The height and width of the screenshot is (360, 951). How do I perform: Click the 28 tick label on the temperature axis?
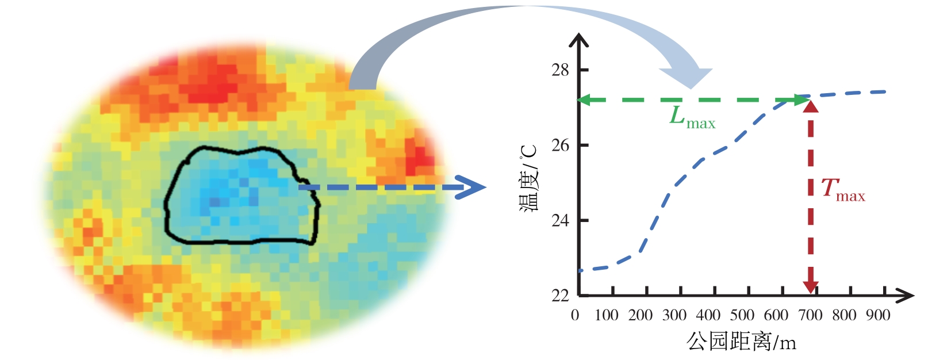(559, 70)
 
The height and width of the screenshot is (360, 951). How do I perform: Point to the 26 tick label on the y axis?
(559, 145)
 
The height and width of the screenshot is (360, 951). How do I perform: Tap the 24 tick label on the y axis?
(559, 220)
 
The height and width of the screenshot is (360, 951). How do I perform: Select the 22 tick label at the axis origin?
(559, 296)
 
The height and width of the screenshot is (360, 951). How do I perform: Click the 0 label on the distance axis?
(575, 315)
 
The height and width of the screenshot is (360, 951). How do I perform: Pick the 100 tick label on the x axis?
(606, 315)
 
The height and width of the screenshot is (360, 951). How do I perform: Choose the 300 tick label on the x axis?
(674, 315)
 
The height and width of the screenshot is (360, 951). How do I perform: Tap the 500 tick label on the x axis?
(742, 315)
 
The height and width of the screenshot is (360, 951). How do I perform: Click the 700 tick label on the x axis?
(810, 315)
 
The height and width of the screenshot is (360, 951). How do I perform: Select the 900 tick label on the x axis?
(878, 315)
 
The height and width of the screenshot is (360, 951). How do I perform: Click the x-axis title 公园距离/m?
(741, 342)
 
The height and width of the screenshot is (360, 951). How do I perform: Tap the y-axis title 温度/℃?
(529, 178)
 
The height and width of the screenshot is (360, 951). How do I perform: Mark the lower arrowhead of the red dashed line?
(811, 286)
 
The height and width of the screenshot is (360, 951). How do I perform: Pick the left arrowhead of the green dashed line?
(584, 100)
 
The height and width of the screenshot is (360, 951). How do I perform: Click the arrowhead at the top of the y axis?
(579, 40)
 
